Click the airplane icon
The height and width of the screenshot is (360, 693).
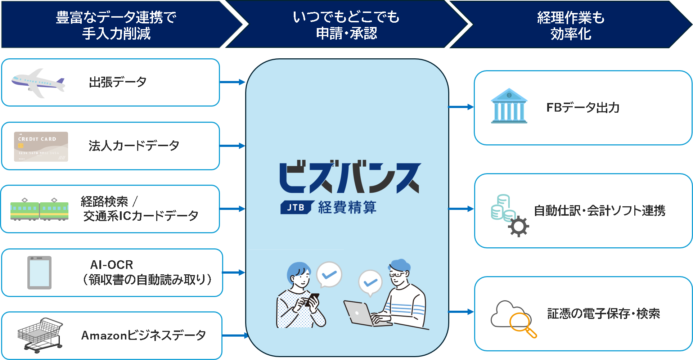(38, 83)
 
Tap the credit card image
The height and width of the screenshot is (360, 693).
(41, 147)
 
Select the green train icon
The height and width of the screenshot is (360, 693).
(39, 209)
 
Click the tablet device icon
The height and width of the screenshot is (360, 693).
(40, 273)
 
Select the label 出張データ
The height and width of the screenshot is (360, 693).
(118, 82)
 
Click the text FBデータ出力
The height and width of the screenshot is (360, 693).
(583, 108)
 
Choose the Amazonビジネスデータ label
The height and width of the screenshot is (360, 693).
(144, 336)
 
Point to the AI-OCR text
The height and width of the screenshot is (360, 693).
(112, 265)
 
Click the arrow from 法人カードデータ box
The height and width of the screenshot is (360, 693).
(233, 146)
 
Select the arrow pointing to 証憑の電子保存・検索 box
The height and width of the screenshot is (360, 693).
(461, 312)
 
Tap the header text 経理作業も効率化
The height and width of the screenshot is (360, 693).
(571, 26)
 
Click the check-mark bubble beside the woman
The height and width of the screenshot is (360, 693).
(329, 275)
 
